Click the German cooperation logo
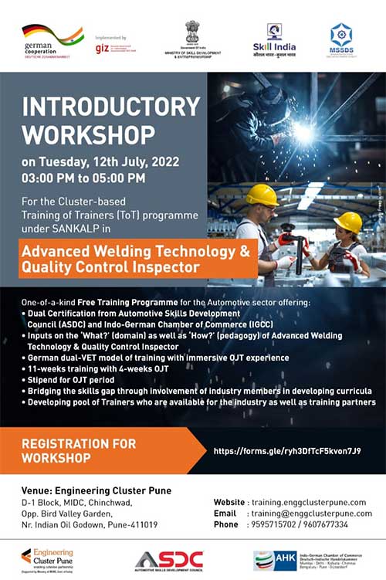pyautogui.click(x=52, y=37)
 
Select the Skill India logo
pyautogui.click(x=273, y=37)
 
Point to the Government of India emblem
pyautogui.click(x=191, y=32)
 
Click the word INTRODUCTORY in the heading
pyautogui.click(x=111, y=106)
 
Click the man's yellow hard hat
pyautogui.click(x=262, y=195)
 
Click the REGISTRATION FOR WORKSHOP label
pyautogui.click(x=79, y=450)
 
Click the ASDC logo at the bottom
pyautogui.click(x=169, y=560)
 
